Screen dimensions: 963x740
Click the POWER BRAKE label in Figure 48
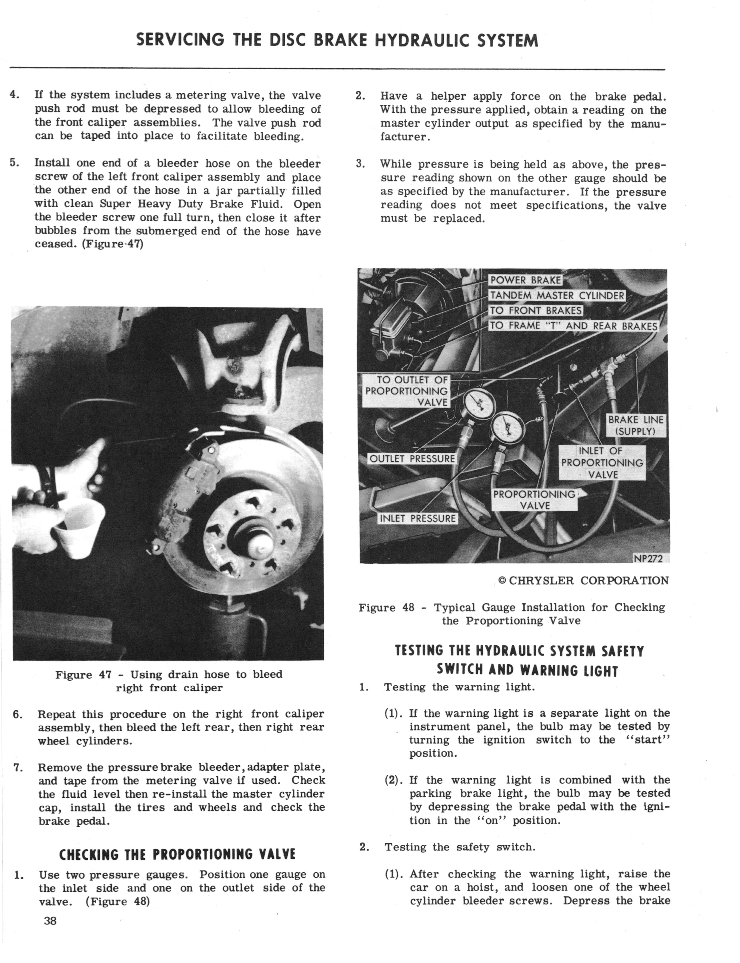point(525,280)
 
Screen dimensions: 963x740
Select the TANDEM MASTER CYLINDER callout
point(557,295)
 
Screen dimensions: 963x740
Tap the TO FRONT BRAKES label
point(536,310)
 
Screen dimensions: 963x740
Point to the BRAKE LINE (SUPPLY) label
point(635,425)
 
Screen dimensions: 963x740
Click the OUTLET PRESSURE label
point(412,459)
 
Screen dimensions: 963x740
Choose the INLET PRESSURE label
point(417,518)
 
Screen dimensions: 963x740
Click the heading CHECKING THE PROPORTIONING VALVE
point(177,854)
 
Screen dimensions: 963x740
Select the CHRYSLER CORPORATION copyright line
point(583,580)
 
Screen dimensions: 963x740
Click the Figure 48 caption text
point(511,614)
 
